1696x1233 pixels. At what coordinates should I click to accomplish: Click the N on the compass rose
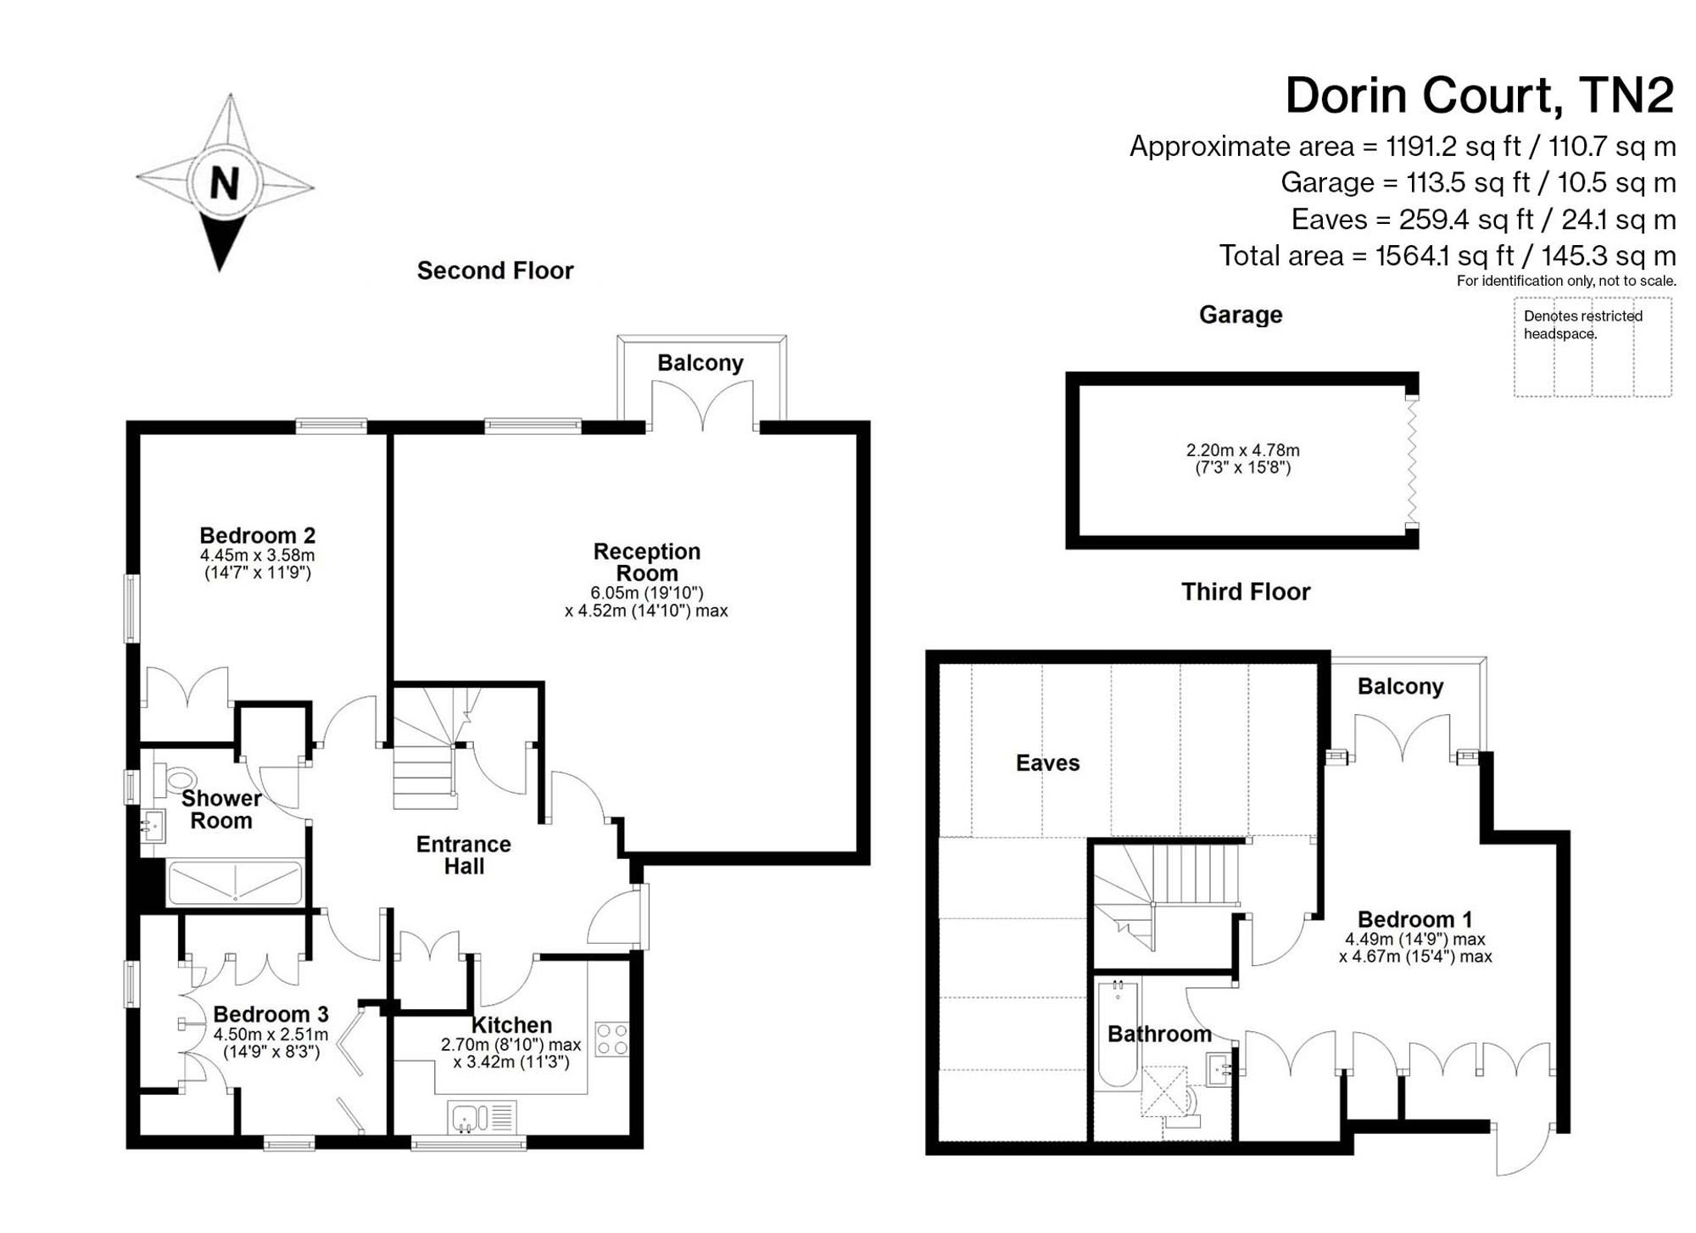[225, 183]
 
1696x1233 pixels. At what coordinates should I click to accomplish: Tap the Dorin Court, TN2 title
[1480, 95]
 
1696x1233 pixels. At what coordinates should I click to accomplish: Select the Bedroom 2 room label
[257, 535]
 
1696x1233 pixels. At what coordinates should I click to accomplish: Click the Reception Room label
[646, 562]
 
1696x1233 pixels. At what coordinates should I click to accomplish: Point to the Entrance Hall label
[463, 855]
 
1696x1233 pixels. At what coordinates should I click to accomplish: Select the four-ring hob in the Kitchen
[612, 1040]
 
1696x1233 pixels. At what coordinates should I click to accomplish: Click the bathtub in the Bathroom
[1118, 1034]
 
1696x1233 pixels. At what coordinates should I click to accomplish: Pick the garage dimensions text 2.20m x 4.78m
[1242, 450]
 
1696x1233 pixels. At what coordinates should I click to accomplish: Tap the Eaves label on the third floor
[1047, 763]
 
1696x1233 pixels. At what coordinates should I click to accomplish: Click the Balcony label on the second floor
[700, 363]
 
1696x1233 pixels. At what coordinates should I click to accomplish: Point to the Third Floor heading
[1246, 591]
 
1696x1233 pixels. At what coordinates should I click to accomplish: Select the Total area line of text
[1448, 255]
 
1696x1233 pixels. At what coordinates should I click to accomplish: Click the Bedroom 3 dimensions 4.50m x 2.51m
[271, 1035]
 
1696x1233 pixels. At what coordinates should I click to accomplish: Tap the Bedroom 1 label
[1414, 919]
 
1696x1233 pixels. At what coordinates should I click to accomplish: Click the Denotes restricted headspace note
[1582, 325]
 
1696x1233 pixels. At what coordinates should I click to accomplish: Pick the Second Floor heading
[495, 271]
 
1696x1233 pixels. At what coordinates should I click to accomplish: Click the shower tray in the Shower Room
[235, 884]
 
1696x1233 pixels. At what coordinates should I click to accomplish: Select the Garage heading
[1241, 315]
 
